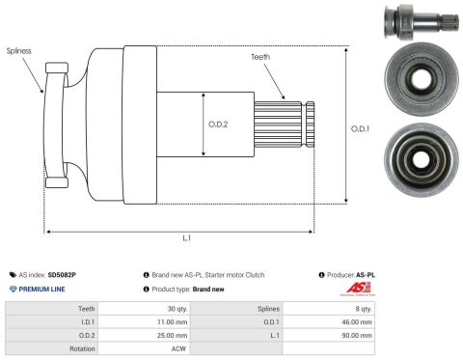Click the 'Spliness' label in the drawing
click(x=18, y=51)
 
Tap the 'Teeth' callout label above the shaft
click(x=260, y=57)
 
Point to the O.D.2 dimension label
click(x=218, y=125)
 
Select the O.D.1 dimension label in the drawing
click(x=360, y=128)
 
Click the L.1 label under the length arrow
click(x=187, y=238)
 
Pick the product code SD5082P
click(x=62, y=275)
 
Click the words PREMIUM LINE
click(x=41, y=290)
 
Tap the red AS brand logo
click(x=358, y=288)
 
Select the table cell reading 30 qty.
click(x=145, y=309)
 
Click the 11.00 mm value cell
click(x=145, y=322)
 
